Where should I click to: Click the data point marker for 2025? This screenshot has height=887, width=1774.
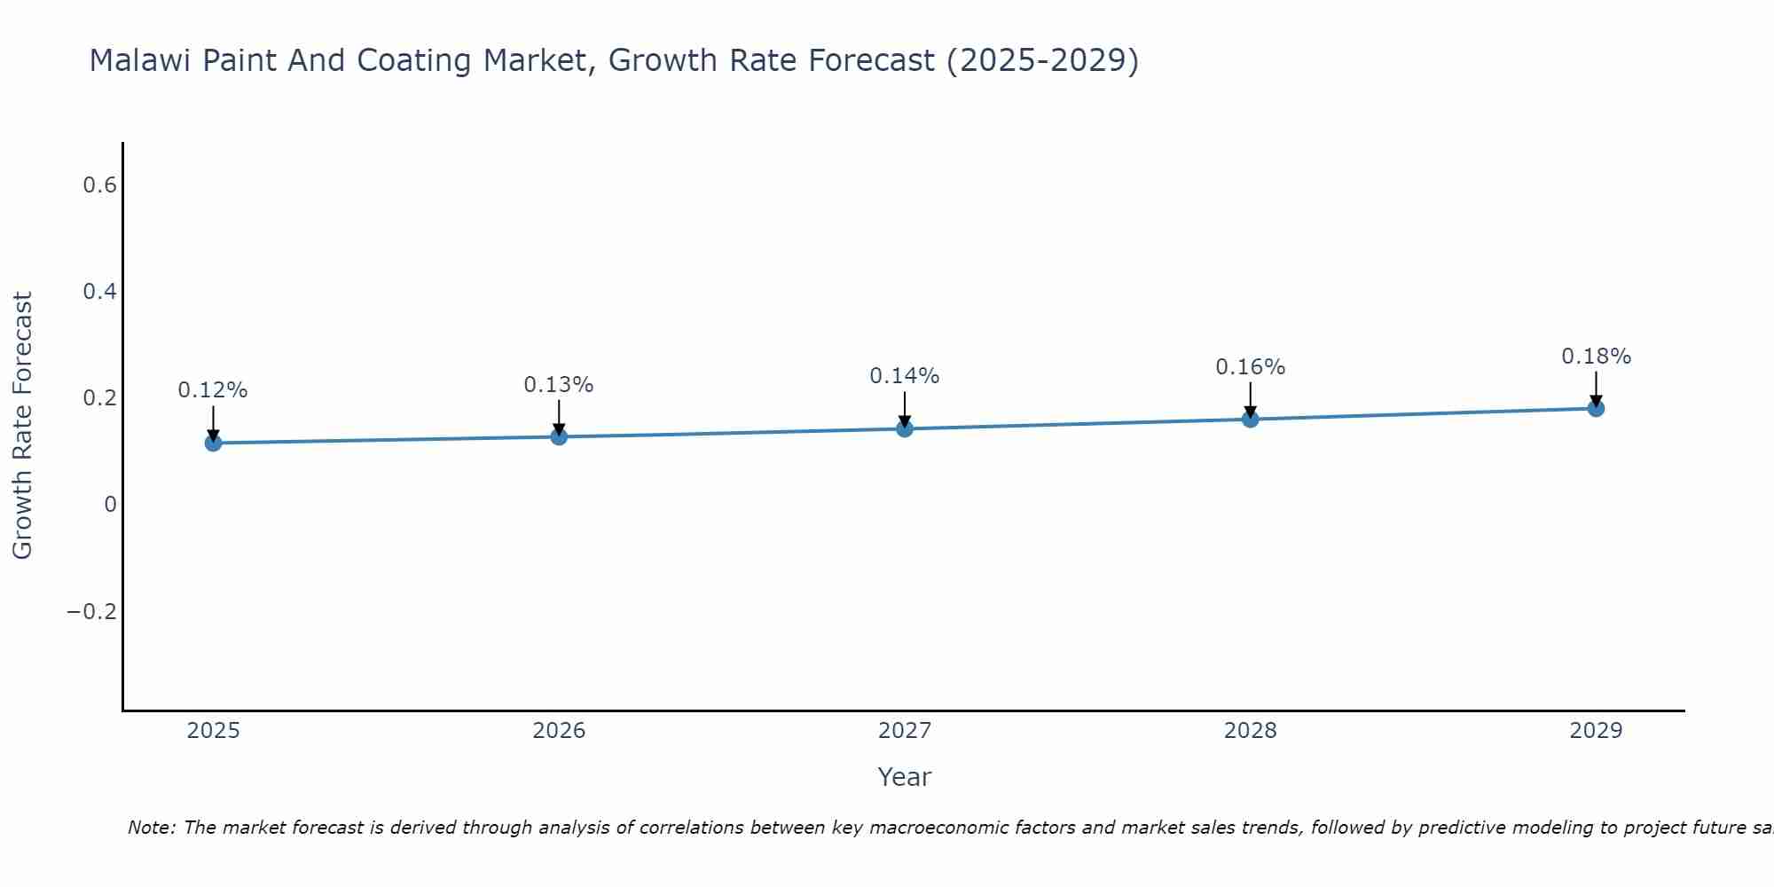coord(213,443)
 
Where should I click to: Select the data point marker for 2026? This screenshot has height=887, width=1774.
coord(559,436)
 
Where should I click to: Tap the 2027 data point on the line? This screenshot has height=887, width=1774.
coord(905,429)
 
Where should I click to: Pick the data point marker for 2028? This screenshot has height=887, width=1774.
coord(1251,419)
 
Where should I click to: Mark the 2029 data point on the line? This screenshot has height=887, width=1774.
coord(1596,408)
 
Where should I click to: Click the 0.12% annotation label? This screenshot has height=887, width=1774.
coord(213,390)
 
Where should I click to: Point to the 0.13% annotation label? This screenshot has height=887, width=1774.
coord(559,385)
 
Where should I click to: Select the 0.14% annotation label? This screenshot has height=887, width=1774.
coord(905,376)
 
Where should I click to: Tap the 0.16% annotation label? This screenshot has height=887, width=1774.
coord(1251,367)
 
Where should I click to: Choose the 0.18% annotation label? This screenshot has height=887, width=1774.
coord(1596,357)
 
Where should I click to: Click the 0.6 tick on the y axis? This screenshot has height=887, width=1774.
coord(100,185)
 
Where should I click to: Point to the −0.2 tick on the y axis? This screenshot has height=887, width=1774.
coord(92,612)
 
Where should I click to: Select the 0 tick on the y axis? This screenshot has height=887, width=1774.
coord(110,505)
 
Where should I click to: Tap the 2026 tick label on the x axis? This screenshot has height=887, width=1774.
coord(559,731)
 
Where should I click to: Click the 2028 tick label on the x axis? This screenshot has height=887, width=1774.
coord(1251,731)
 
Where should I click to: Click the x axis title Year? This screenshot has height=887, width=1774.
coord(904,777)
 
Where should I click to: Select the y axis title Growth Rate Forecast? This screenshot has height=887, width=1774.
coord(22,426)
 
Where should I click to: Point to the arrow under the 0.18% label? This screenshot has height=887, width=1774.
coord(1596,389)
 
